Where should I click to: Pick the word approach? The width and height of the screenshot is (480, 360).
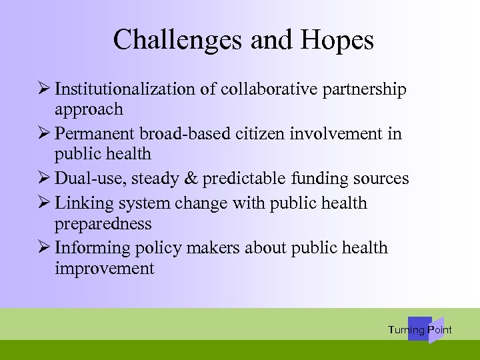pyautogui.click(x=89, y=109)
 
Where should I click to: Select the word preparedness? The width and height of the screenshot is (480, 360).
pyautogui.click(x=103, y=224)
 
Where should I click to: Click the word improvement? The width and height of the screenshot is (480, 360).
pyautogui.click(x=105, y=269)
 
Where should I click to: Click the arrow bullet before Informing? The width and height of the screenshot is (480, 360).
pyautogui.click(x=45, y=247)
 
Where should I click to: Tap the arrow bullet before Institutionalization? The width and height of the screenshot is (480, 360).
pyautogui.click(x=45, y=89)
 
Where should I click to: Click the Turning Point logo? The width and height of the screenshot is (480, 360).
pyautogui.click(x=420, y=329)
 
